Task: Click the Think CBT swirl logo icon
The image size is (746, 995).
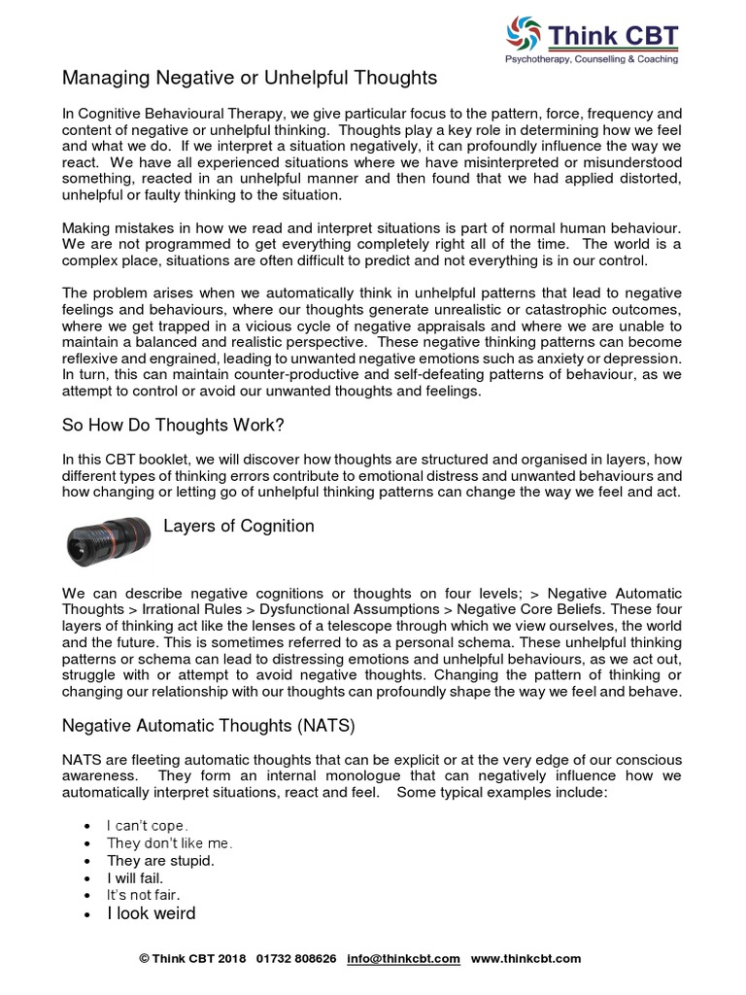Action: (x=526, y=36)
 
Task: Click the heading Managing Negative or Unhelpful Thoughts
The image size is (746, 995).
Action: (x=250, y=77)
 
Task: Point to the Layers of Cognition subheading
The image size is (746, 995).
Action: (x=238, y=526)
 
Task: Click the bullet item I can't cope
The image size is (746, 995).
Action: (x=148, y=826)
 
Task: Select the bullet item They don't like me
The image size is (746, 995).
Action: (x=170, y=843)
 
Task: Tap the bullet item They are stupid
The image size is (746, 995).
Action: (x=160, y=861)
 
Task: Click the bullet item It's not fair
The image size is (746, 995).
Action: (x=144, y=895)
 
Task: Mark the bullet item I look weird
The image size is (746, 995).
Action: (x=151, y=913)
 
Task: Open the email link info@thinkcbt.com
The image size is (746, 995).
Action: (x=403, y=958)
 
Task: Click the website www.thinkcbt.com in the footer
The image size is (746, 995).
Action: (x=526, y=958)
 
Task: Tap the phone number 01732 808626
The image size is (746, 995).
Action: (x=296, y=958)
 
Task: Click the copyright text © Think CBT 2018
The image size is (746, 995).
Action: (x=192, y=958)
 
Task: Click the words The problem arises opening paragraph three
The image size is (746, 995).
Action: (x=119, y=292)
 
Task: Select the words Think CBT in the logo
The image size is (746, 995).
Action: (x=613, y=37)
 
